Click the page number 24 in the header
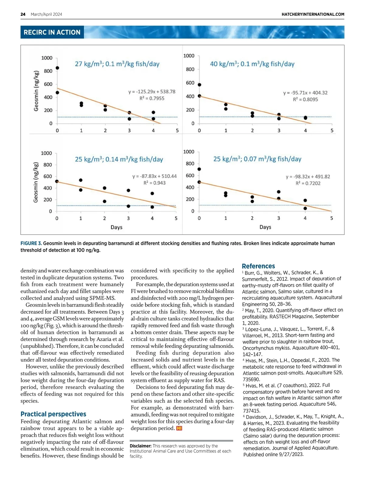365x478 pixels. coord(23,14)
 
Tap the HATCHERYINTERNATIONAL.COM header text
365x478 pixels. coord(313,14)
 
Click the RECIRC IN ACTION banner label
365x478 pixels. coord(52,32)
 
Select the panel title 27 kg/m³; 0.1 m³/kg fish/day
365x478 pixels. coord(117,64)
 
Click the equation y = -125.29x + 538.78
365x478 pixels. coord(152,92)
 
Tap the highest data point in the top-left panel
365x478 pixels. coord(57,68)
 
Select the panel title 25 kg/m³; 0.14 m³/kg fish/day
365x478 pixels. coord(119,159)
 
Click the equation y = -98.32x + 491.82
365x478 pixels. coord(308,177)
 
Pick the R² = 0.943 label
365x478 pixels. coord(155,183)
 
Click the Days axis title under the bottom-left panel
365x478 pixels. coord(116,227)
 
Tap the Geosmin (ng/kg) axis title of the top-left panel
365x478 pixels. coord(36,91)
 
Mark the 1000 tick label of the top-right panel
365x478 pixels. coord(189,56)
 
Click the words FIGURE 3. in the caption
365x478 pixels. coord(31,244)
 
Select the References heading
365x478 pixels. coord(258,266)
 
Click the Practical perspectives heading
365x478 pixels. coord(53,414)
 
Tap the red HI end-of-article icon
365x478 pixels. coord(179,428)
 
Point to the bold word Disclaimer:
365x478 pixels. coord(141,446)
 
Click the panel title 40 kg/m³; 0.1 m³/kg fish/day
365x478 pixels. coord(252,64)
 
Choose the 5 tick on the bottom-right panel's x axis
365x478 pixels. coord(332,218)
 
